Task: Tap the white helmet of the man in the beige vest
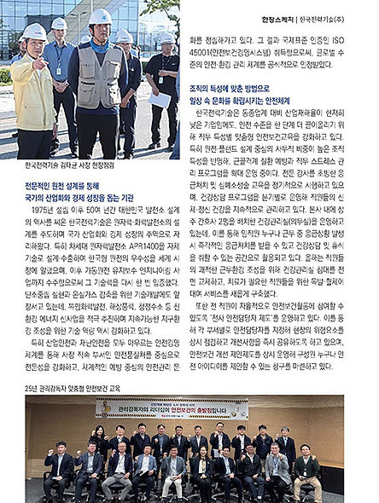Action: (101, 17)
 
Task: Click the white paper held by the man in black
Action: (159, 101)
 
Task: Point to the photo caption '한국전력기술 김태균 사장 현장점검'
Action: (67, 166)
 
